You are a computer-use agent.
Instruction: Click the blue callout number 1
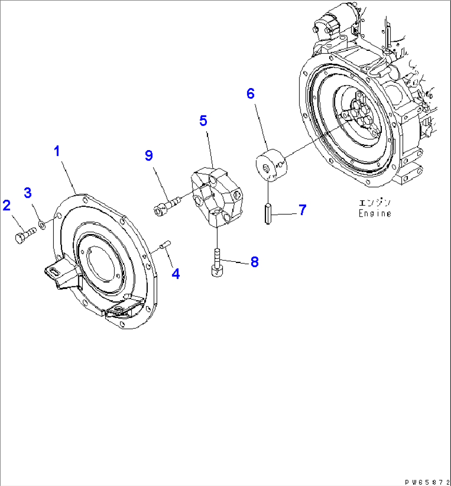tap(58, 151)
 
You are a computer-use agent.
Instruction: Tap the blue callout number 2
tap(7, 205)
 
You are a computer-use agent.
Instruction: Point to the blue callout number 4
tap(176, 273)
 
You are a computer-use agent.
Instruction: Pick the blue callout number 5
tap(203, 121)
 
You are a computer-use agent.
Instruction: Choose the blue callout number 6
tap(250, 93)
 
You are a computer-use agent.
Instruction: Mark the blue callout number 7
tap(302, 210)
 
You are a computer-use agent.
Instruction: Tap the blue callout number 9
tap(149, 156)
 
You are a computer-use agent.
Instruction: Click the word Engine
tap(374, 213)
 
